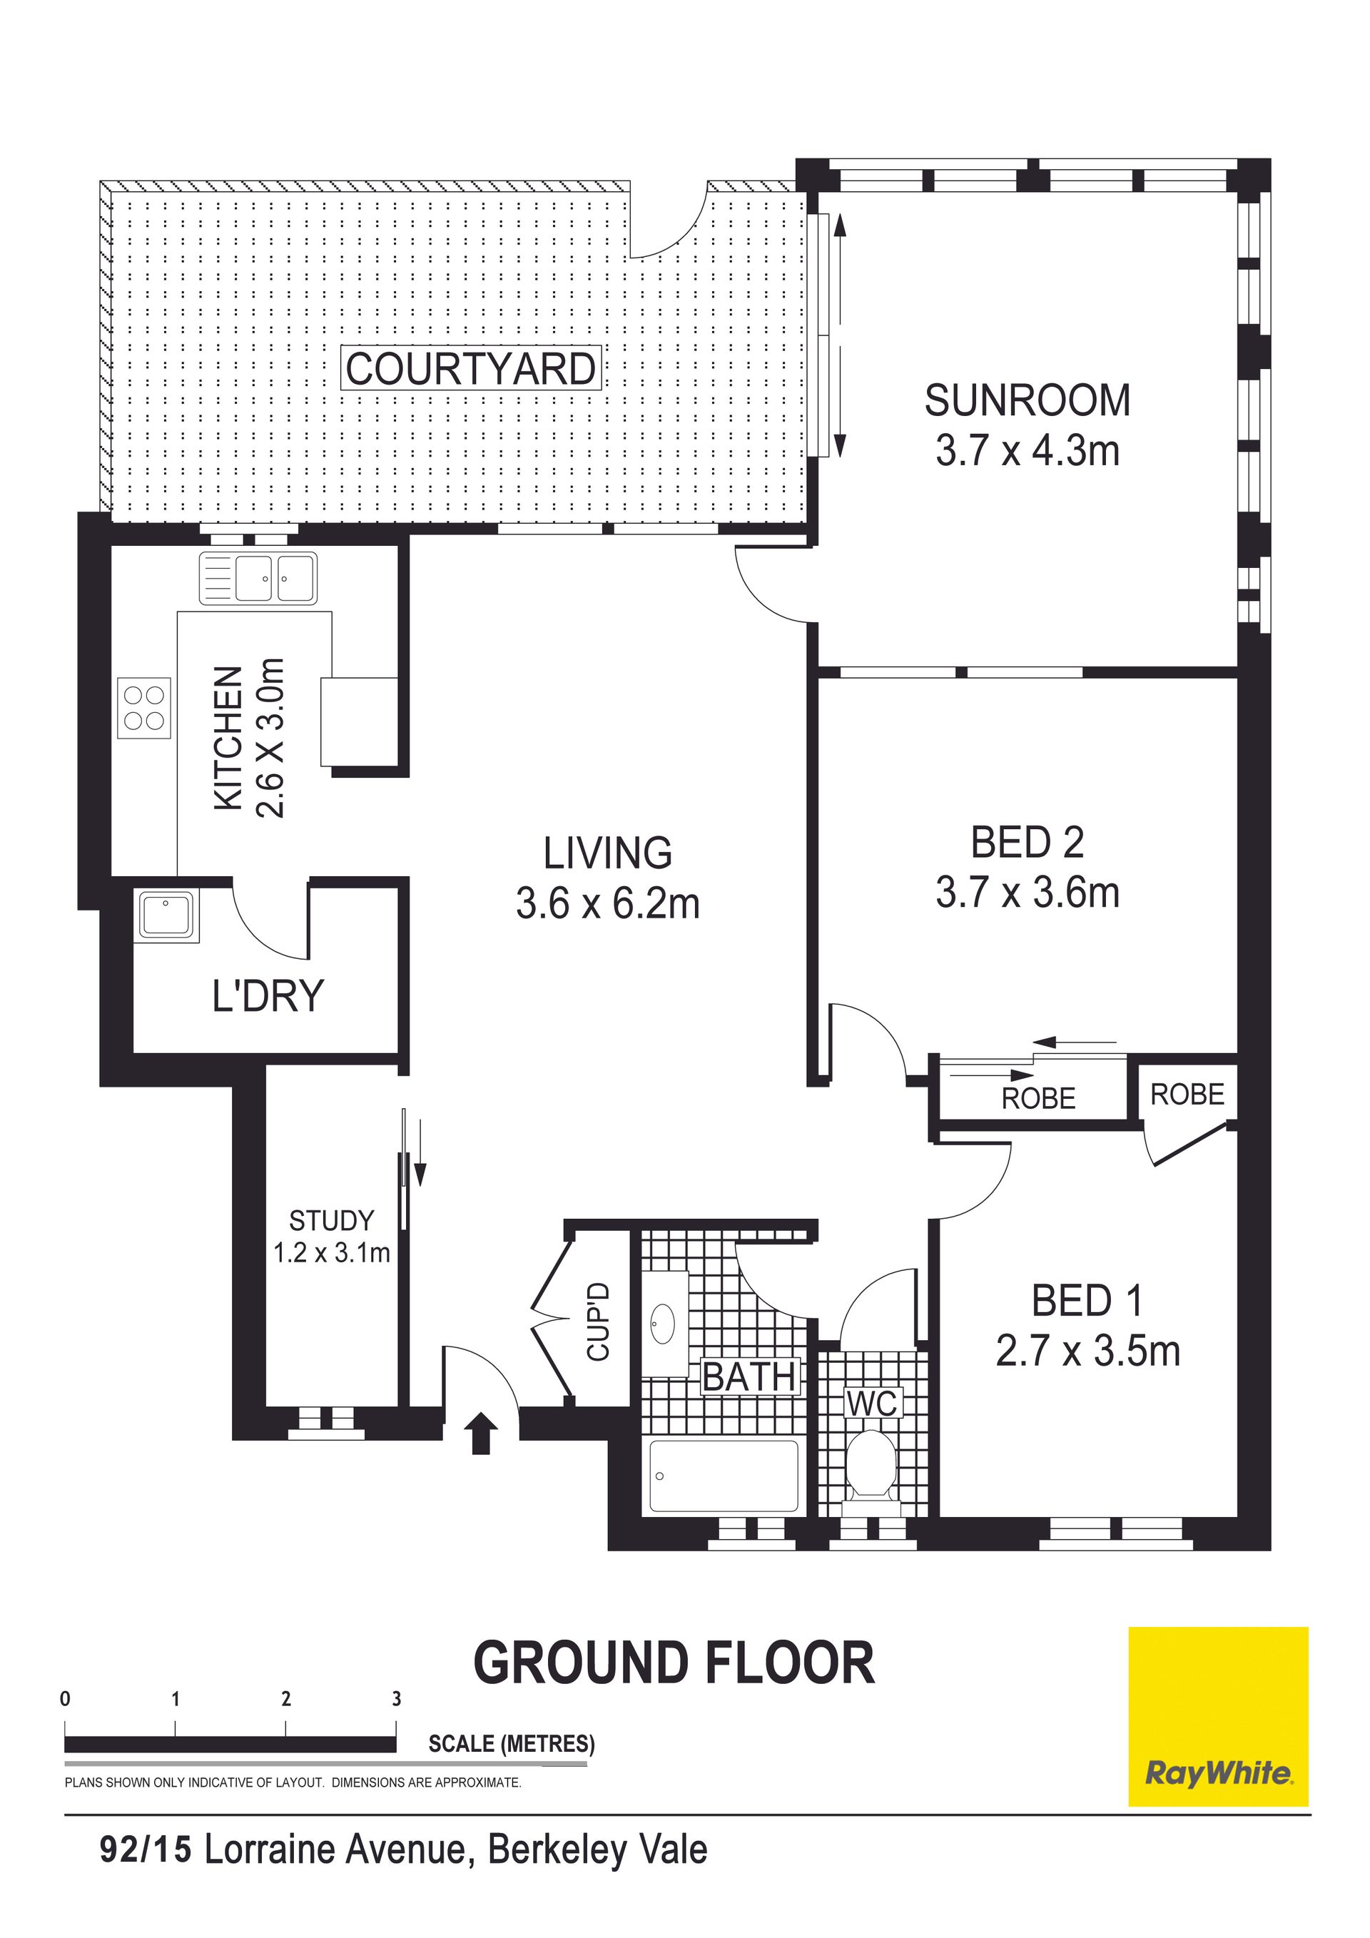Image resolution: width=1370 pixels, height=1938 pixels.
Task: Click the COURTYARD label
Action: [470, 369]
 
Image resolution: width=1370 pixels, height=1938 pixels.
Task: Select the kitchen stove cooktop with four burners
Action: [143, 708]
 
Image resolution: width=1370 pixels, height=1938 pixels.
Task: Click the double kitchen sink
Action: [258, 578]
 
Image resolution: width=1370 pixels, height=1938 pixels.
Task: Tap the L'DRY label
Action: [268, 996]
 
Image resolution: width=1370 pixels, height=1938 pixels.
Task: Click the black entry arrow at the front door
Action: [480, 1434]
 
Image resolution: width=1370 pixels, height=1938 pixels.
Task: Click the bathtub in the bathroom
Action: [724, 1476]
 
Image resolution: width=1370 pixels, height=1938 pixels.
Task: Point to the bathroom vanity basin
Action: [664, 1323]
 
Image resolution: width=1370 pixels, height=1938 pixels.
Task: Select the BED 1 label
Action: [1087, 1301]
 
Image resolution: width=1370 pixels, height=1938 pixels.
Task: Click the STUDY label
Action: [331, 1221]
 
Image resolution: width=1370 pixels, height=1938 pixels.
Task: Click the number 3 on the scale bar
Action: [397, 1699]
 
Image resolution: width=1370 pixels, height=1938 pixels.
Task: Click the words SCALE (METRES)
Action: [512, 1744]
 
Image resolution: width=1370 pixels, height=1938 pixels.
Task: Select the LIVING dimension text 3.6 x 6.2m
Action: [608, 904]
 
